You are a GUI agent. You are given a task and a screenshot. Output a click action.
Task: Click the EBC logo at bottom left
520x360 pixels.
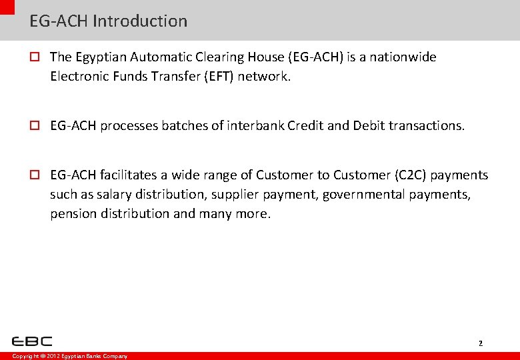coord(32,341)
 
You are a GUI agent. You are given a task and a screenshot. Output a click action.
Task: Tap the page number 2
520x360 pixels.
coord(480,343)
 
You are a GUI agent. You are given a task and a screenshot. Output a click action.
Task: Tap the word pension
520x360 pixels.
coord(71,213)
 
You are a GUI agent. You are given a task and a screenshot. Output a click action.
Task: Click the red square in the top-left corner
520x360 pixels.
coord(7,6)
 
